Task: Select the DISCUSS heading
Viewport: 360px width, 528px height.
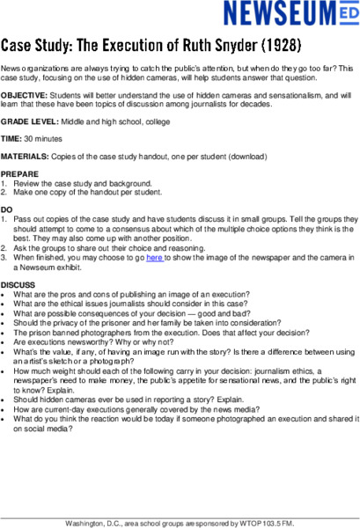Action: [x=18, y=284]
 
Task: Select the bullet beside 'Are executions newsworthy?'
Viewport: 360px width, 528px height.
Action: [x=4, y=348]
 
